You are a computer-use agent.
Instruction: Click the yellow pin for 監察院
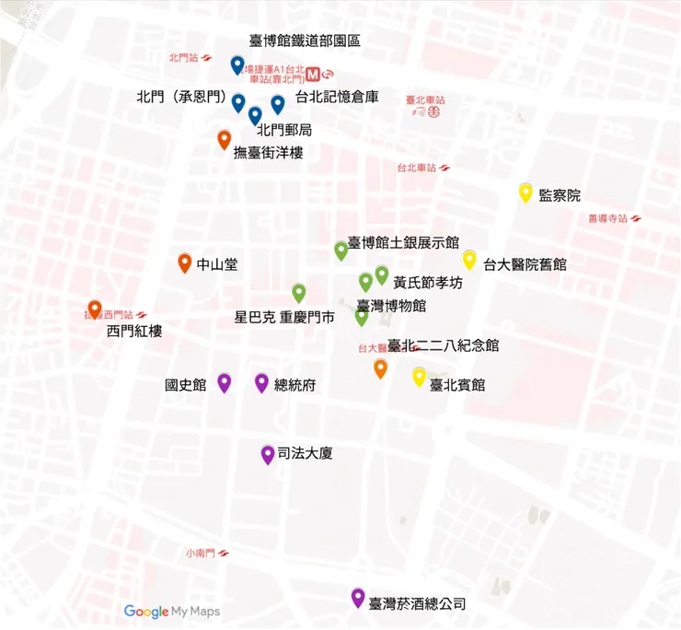(525, 192)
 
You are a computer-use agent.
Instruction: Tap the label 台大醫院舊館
(525, 263)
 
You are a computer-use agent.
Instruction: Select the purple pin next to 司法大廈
(268, 453)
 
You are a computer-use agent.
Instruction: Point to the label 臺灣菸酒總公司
(417, 604)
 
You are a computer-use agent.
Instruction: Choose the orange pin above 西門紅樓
(94, 309)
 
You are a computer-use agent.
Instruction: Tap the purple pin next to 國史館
(224, 382)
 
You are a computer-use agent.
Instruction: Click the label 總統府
(295, 385)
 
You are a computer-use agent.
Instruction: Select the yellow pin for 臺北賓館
(419, 376)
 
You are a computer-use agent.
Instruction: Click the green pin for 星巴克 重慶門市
(298, 293)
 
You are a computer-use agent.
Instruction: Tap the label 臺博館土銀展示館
(403, 243)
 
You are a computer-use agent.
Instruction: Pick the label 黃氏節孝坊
(427, 283)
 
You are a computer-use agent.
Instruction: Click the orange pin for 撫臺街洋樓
(224, 139)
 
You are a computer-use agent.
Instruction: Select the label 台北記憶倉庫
(337, 97)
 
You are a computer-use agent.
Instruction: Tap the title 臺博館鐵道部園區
(305, 41)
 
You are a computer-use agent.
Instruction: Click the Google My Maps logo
(172, 611)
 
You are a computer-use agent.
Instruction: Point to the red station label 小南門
(199, 554)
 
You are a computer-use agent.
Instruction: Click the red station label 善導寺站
(607, 218)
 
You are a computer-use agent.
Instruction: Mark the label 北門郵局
(284, 130)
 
